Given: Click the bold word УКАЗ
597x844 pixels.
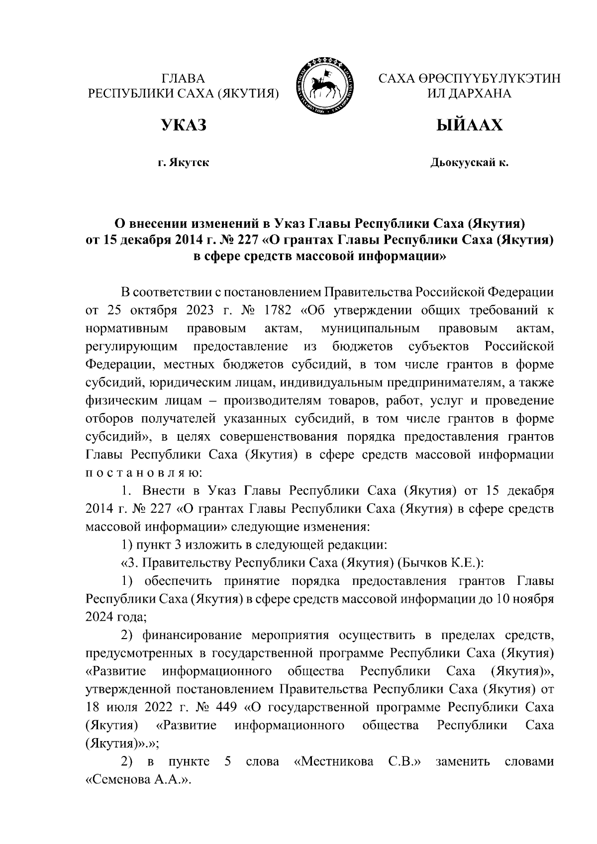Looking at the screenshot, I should click(x=183, y=125).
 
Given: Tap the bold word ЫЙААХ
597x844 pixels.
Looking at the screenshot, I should click(x=469, y=125).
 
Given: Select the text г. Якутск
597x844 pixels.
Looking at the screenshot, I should click(x=183, y=163).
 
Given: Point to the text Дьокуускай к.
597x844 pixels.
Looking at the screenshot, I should click(x=469, y=163).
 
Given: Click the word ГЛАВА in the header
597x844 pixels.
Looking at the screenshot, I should click(x=184, y=79).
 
